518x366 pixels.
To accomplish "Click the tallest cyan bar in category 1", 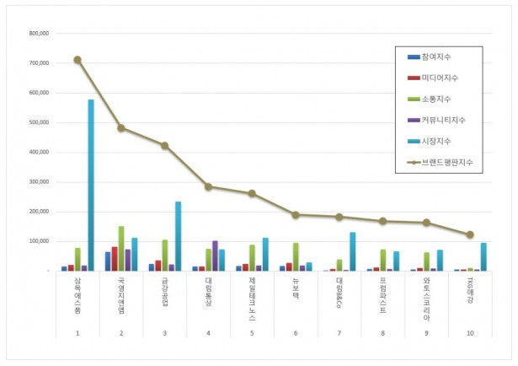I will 91,186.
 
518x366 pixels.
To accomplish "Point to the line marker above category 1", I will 77,60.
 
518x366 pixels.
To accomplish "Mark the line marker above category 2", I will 121,128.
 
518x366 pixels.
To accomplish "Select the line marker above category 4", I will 209,187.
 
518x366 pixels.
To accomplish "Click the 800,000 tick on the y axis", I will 39,34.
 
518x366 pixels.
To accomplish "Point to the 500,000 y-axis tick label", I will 39,123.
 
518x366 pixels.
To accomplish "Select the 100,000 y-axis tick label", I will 39,241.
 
